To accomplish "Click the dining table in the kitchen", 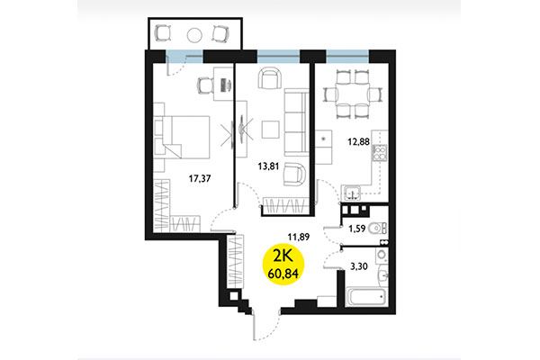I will click(x=348, y=94).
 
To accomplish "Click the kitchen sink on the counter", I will click(x=354, y=191).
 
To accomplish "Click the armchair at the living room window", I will click(x=269, y=78).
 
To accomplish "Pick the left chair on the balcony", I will click(x=163, y=34).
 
